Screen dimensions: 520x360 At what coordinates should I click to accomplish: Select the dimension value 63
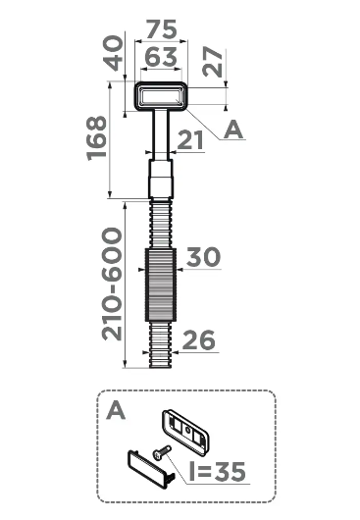(x=160, y=58)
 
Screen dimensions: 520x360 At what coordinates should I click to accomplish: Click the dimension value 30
(x=204, y=258)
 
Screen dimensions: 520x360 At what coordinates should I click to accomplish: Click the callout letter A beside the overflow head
(x=232, y=130)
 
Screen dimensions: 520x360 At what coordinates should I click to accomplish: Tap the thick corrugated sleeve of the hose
(x=161, y=284)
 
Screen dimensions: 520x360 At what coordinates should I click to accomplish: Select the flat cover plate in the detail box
(x=151, y=470)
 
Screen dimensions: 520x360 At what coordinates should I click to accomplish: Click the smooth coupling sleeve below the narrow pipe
(x=160, y=181)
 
